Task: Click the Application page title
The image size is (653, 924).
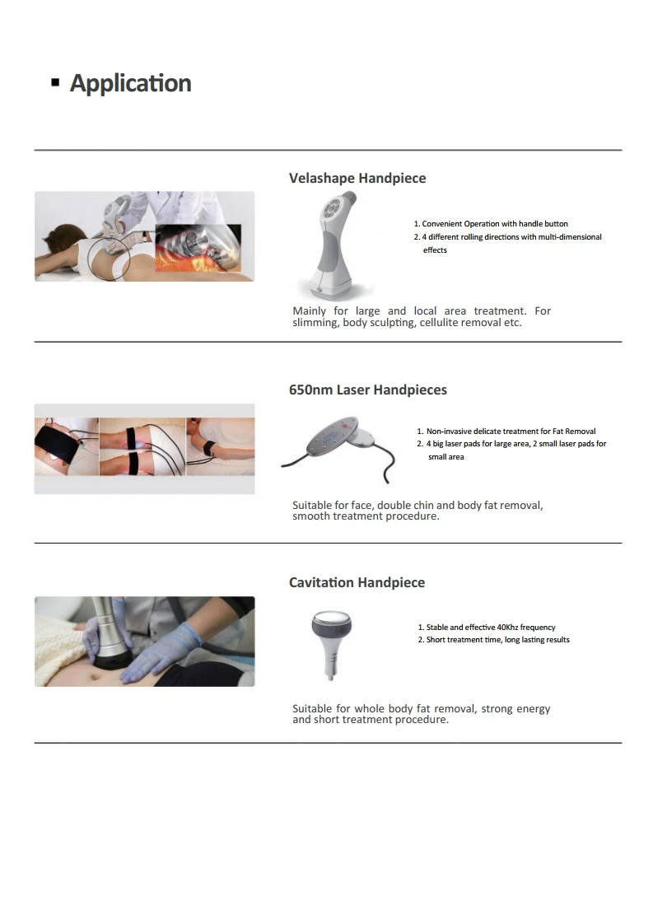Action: click(x=130, y=83)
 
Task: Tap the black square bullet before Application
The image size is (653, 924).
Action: click(x=55, y=83)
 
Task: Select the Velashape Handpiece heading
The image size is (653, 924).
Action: click(x=357, y=178)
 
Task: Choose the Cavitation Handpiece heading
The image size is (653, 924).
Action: click(x=357, y=582)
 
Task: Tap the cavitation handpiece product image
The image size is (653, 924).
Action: click(x=327, y=643)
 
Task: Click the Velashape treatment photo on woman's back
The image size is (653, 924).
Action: click(x=144, y=236)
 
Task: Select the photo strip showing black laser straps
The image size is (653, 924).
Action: click(x=144, y=446)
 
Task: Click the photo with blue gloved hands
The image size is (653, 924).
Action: click(x=144, y=642)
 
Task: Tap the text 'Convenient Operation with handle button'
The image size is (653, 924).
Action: click(x=494, y=224)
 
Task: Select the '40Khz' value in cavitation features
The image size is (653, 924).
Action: click(x=508, y=627)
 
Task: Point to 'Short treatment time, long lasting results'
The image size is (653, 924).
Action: click(x=497, y=640)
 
